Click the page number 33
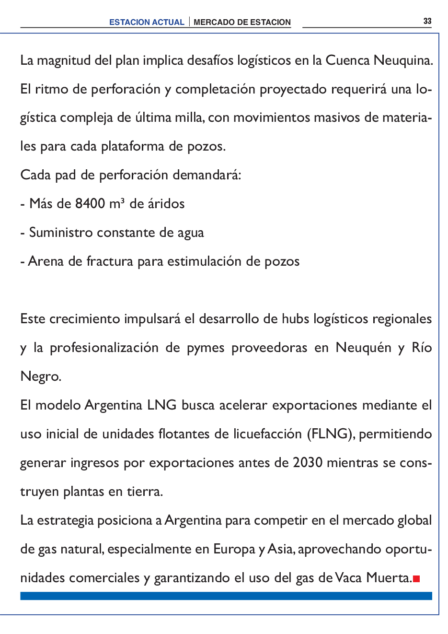pos(427,21)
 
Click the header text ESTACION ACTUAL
pos(147,22)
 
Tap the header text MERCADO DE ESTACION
pos(242,22)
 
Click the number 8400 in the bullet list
pos(90,204)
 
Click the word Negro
pos(41,377)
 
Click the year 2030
pos(308,463)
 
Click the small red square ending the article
pos(416,579)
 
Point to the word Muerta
pos(389,578)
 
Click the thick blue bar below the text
pos(226,596)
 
